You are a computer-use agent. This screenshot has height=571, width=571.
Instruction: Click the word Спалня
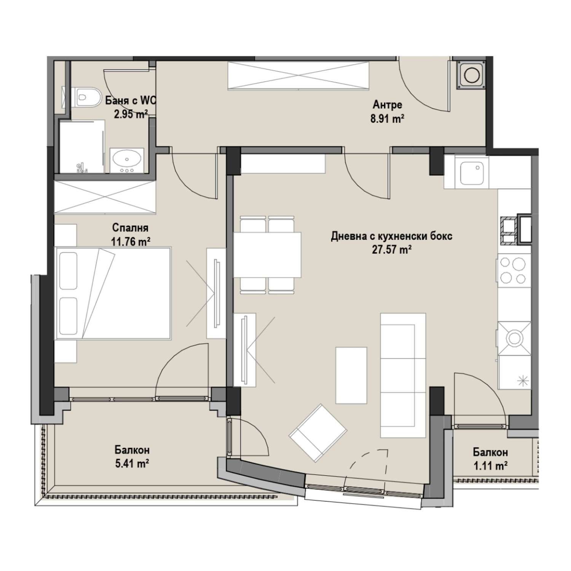130,228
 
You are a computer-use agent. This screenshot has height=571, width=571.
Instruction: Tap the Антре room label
388,104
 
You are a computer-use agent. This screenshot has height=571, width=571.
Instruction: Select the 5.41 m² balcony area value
132,464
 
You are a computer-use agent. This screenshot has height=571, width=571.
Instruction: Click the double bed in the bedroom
113,293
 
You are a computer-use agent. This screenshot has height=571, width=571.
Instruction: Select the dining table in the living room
267,255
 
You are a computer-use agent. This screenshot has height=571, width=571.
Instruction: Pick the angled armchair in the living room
318,433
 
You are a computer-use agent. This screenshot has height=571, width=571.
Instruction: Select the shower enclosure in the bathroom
82,147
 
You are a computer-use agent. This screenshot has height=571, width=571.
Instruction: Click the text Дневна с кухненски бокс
392,236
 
